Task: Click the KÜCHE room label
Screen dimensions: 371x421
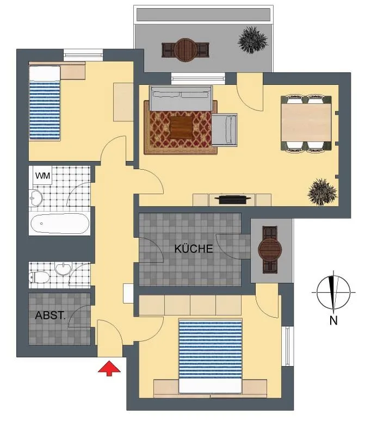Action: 194,249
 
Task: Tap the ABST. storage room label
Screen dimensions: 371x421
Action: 51,315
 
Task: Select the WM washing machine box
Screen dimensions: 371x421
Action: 42,176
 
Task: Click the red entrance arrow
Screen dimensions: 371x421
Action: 109,368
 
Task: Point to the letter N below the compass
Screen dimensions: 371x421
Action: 333,320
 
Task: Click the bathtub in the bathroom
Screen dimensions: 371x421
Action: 60,224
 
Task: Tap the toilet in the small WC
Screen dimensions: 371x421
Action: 39,277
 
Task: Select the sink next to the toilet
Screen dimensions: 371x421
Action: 63,269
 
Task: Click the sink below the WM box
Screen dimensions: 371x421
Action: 35,198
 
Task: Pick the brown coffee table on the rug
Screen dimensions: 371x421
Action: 182,127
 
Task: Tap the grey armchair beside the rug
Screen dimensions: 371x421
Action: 225,129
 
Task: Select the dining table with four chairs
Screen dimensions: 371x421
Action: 306,123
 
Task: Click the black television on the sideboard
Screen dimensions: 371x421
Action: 233,200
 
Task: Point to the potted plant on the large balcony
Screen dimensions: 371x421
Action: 252,40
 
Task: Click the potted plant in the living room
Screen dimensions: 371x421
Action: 322,192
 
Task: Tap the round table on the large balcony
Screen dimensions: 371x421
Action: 185,50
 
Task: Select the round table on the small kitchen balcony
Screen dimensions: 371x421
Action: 270,250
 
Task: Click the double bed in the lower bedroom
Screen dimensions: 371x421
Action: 211,356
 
